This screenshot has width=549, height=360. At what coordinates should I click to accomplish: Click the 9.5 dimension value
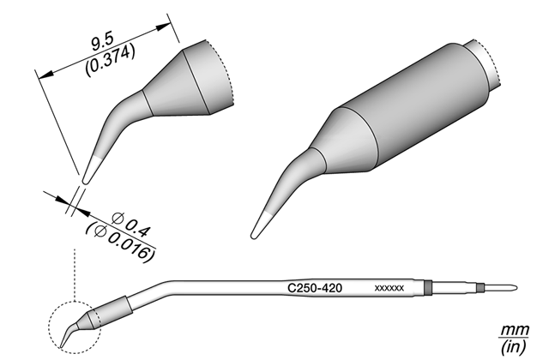pyautogui.click(x=102, y=42)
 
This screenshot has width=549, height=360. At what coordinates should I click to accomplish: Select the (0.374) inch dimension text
pyautogui.click(x=110, y=61)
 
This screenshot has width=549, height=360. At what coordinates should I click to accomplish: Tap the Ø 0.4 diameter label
pyautogui.click(x=131, y=225)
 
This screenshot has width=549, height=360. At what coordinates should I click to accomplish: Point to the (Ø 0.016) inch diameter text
pyautogui.click(x=120, y=243)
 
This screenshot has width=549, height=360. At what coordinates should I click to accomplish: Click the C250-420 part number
pyautogui.click(x=315, y=288)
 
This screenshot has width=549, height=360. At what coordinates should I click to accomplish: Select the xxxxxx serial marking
pyautogui.click(x=389, y=288)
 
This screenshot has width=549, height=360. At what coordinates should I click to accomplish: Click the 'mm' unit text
pyautogui.click(x=515, y=329)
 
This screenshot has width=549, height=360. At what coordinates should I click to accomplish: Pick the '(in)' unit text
pyautogui.click(x=514, y=346)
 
